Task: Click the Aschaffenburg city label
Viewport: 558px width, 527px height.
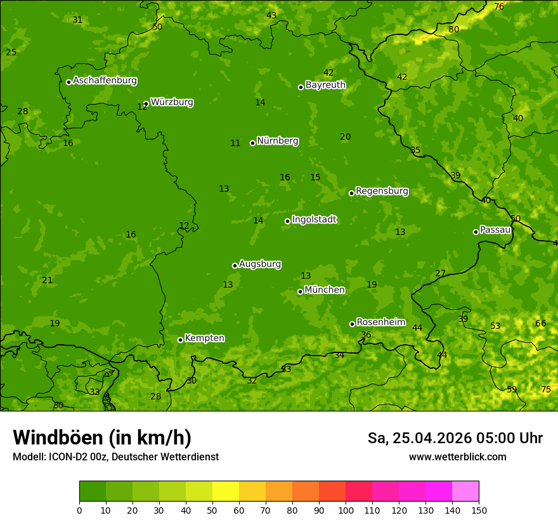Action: coord(105,81)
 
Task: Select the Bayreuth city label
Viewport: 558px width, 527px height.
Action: coord(325,84)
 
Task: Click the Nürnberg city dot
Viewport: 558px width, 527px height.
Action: coord(252,143)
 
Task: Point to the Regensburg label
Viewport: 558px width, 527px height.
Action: coord(382,191)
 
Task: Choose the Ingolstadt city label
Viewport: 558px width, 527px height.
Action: coord(314,220)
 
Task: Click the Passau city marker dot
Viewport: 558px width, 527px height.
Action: coord(476,232)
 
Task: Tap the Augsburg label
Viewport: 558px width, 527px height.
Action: coord(260,264)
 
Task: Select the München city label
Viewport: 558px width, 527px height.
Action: coord(325,290)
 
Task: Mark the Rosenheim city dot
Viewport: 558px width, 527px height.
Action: coord(352,324)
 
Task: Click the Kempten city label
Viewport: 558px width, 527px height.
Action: coord(204,338)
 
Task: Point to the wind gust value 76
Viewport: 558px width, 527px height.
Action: coord(499,6)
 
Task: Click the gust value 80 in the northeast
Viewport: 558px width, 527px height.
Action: coord(453,29)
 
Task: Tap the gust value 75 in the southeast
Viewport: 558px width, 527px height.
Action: coord(545,389)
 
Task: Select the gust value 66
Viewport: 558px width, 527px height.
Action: coord(540,323)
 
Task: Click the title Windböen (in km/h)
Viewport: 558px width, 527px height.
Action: coord(101,437)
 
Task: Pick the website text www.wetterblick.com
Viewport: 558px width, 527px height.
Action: coord(457,457)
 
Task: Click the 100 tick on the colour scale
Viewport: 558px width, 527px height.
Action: coord(346,510)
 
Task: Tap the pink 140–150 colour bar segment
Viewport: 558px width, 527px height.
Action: coord(465,491)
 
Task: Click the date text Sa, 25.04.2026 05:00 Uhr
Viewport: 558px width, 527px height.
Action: coord(455,438)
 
